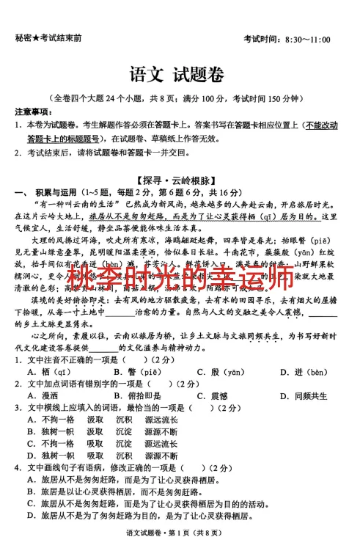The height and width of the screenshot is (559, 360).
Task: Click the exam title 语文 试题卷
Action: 177,75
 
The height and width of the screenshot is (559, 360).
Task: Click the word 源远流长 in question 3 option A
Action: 161,420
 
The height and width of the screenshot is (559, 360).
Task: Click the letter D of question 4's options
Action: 31,516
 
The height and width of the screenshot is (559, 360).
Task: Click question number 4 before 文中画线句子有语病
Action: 17,467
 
